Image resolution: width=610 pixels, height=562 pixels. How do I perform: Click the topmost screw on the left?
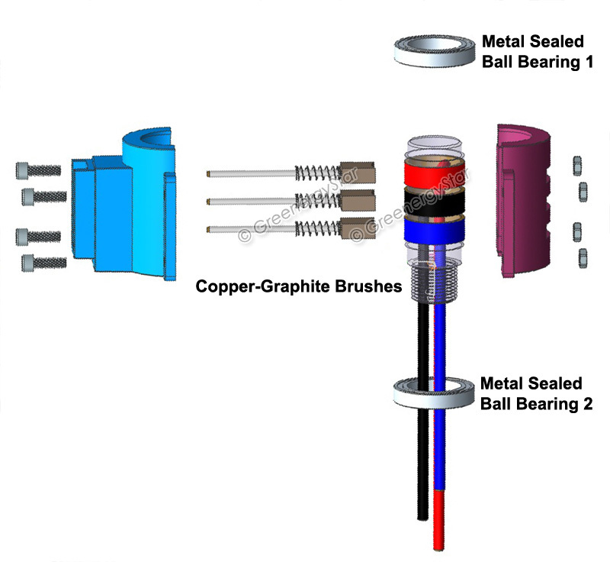coord(37,170)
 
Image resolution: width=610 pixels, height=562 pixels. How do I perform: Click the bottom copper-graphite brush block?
coord(357,229)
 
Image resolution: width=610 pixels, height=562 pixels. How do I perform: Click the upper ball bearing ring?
coord(432,53)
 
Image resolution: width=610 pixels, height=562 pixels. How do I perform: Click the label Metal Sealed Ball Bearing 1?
coord(537,52)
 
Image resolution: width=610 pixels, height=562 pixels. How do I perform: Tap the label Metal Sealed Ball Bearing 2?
coord(536,393)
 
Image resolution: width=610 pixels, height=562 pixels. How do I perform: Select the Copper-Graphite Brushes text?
coord(299,286)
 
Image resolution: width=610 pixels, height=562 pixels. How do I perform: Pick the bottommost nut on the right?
coord(583,255)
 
